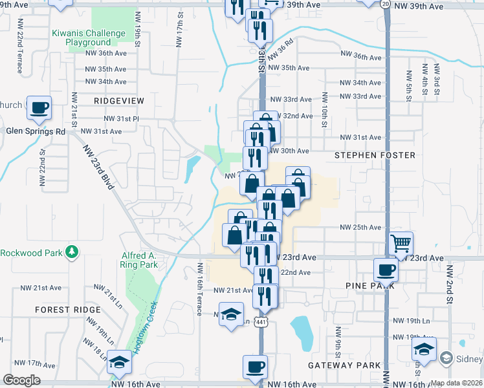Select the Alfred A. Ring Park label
138,260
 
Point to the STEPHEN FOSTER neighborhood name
375,155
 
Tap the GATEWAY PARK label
344,365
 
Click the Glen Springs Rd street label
36,131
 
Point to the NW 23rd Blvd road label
98,167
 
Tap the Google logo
22,380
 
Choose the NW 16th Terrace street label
201,289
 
